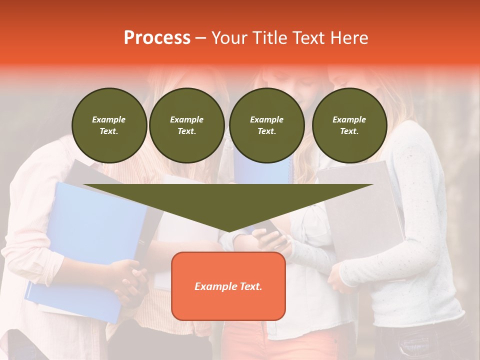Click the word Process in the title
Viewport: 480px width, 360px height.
tap(157, 38)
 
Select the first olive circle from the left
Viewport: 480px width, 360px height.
tap(109, 125)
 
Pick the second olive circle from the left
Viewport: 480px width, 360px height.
tap(186, 125)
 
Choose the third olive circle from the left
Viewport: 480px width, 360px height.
tap(266, 125)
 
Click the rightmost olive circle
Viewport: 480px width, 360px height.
tap(349, 125)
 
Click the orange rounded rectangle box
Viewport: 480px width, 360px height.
tap(228, 305)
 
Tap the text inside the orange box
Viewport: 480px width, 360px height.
tap(228, 286)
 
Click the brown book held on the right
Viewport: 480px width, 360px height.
tap(360, 210)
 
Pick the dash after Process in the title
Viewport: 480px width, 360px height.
tap(201, 38)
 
